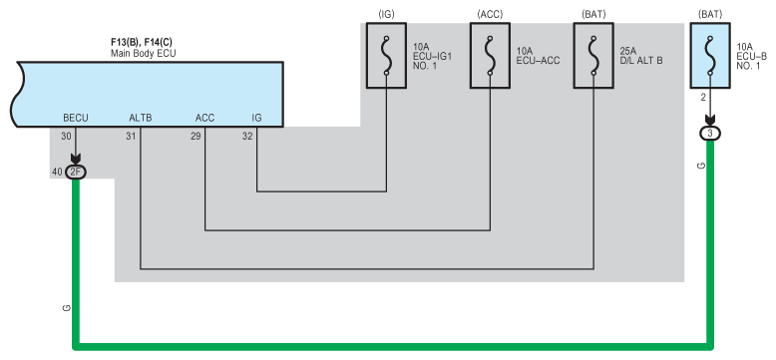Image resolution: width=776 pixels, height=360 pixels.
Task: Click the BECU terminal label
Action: tap(76, 118)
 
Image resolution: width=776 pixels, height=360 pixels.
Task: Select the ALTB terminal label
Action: tap(141, 118)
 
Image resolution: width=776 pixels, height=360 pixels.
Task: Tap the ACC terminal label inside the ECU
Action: tap(204, 118)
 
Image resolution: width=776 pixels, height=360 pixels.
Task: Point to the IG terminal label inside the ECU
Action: tap(256, 118)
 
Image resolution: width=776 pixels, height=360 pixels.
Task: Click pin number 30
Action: tap(66, 136)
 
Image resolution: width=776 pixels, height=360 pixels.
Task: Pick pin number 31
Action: tap(131, 136)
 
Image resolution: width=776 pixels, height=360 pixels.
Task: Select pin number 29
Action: tap(195, 136)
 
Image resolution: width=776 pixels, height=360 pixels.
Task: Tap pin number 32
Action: tap(247, 136)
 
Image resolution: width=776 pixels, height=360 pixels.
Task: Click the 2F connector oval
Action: tap(76, 173)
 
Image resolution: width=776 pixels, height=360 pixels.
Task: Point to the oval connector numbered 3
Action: tap(710, 133)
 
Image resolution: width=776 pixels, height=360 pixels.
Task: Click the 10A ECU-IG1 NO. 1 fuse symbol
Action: tap(387, 56)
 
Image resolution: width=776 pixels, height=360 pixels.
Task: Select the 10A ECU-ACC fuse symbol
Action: tap(490, 56)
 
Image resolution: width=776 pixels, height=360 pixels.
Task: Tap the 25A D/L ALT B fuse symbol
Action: tap(593, 56)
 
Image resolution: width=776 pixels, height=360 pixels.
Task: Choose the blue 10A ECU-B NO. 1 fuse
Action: tap(710, 56)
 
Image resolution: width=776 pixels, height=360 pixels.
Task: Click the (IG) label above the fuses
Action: tap(387, 14)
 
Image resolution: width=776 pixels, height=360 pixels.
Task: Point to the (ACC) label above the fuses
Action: tap(490, 14)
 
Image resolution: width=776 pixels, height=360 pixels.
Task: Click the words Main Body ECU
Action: tap(143, 53)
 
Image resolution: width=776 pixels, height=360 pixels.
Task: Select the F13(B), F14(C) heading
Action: tap(142, 43)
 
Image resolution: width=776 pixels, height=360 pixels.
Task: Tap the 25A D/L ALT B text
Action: tap(641, 56)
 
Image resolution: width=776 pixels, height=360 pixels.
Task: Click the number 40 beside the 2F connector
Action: tap(57, 173)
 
